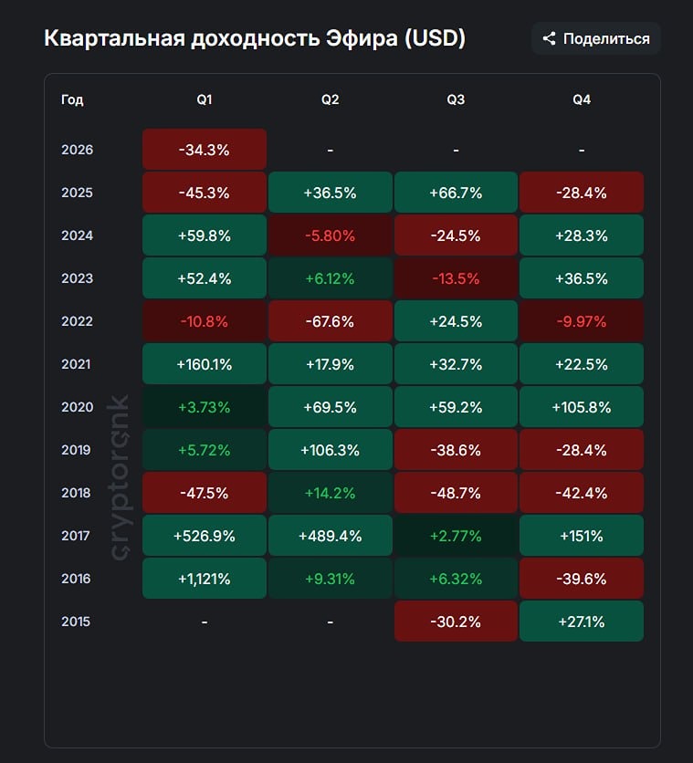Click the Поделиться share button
[x=596, y=38]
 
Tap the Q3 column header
[x=456, y=99]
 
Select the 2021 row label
[x=77, y=364]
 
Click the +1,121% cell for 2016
[x=205, y=579]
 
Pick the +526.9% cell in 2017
[x=205, y=536]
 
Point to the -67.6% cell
[x=330, y=321]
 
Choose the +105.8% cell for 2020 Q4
[x=581, y=407]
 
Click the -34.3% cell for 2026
[x=205, y=150]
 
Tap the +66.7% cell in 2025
[x=456, y=193]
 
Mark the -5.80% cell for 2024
[x=330, y=235]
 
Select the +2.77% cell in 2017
[x=456, y=536]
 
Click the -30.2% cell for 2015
[x=456, y=622]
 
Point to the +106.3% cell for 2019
[x=330, y=450]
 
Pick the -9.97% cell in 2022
[x=581, y=321]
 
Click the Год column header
[x=72, y=99]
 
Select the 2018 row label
[x=77, y=493]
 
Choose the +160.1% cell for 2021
[x=205, y=364]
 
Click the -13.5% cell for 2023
[x=456, y=278]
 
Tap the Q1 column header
[x=205, y=99]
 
